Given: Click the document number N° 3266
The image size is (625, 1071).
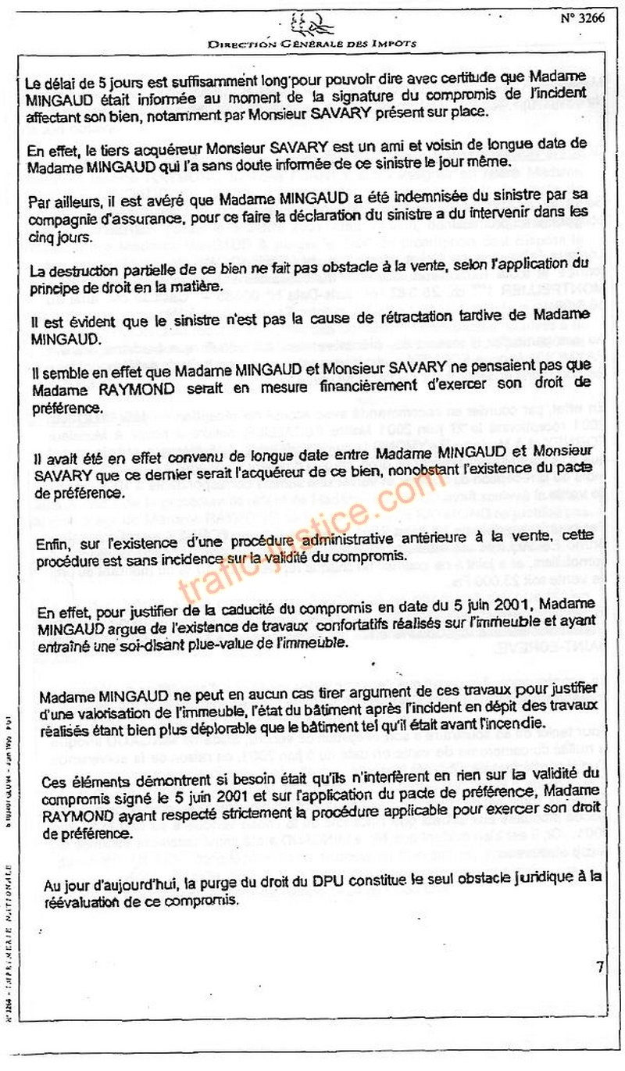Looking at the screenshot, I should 582,19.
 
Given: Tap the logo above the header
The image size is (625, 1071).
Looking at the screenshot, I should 312,24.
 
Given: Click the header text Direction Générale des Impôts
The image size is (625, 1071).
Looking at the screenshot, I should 312,45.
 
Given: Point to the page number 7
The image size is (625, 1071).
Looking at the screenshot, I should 600,967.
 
